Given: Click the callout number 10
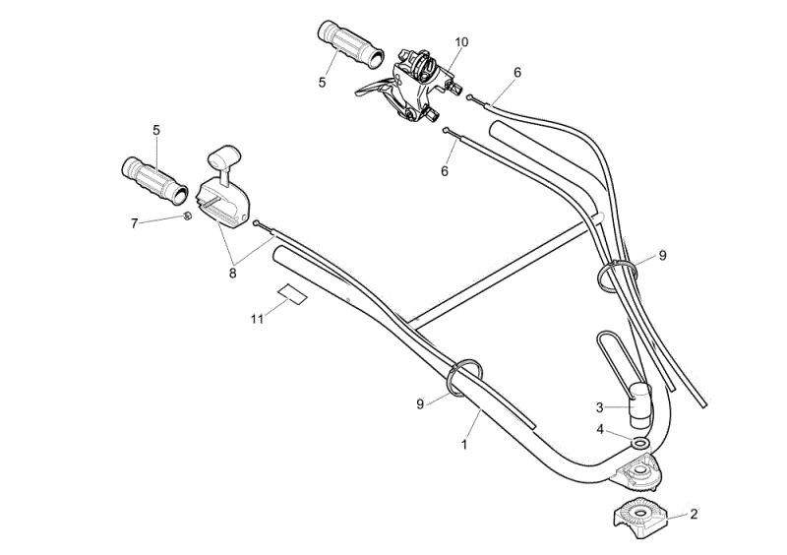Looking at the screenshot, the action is (x=461, y=42).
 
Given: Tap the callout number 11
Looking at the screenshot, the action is (x=257, y=319).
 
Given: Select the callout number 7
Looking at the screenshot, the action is (x=134, y=223).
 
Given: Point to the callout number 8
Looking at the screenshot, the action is (x=232, y=274).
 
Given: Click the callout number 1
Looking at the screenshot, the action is (x=464, y=445).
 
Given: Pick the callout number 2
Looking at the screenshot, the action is (x=694, y=514).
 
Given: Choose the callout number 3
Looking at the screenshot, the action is (x=599, y=407).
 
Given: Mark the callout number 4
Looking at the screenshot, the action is (x=600, y=430).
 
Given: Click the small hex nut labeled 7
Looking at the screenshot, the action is (x=187, y=216).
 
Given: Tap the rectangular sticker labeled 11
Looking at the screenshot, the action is (x=292, y=294).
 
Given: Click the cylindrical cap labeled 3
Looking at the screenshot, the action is (x=640, y=406).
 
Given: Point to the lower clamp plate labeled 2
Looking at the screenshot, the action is (x=640, y=518).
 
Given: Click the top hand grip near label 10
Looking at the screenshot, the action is (x=350, y=44).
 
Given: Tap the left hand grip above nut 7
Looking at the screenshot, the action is (x=154, y=181).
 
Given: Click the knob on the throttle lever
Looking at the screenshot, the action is (x=224, y=156).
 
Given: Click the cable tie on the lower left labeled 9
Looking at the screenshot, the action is (x=464, y=377).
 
